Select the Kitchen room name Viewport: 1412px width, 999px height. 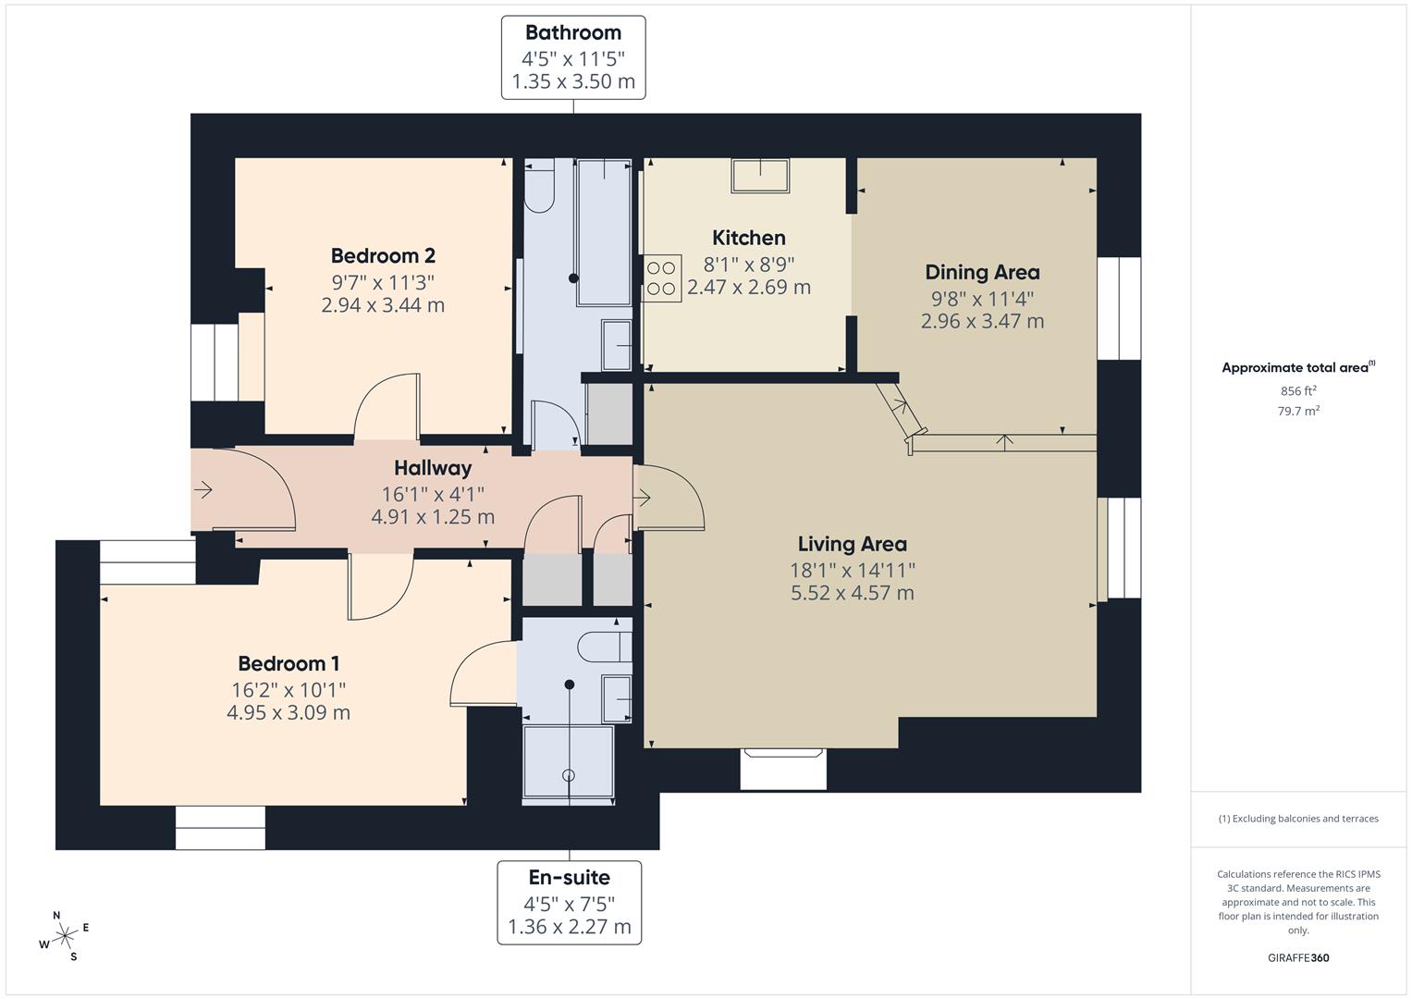748,238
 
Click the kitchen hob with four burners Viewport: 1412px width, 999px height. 662,278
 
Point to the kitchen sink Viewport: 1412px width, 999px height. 760,175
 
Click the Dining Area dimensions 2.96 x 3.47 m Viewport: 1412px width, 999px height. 982,321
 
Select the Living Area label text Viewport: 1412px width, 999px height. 852,544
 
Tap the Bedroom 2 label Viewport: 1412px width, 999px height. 383,255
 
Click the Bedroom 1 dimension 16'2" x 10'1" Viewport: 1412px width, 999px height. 289,689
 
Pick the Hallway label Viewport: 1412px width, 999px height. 433,468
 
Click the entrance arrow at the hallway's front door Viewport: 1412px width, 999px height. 203,489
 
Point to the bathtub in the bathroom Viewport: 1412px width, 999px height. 604,231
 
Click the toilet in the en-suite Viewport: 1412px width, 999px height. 605,647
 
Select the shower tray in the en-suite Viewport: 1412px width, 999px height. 568,760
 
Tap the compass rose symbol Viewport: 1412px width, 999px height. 65,936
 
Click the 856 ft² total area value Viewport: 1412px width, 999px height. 1298,391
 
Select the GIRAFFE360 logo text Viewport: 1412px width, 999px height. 1297,957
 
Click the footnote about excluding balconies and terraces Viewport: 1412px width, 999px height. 1298,819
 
